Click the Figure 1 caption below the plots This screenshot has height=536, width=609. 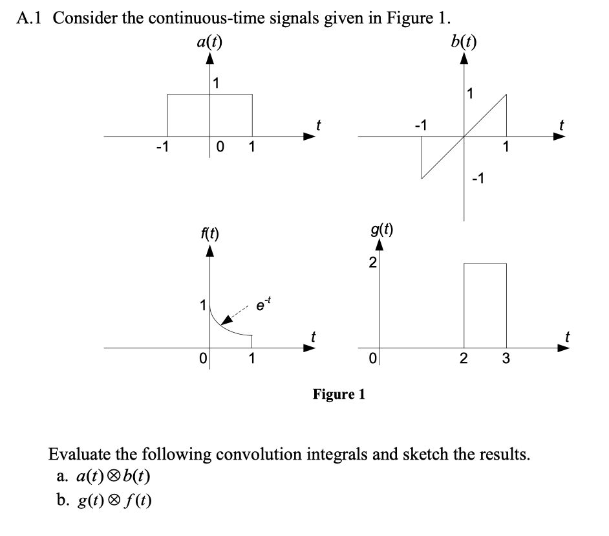tap(339, 394)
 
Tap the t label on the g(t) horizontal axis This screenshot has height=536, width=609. tap(568, 335)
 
